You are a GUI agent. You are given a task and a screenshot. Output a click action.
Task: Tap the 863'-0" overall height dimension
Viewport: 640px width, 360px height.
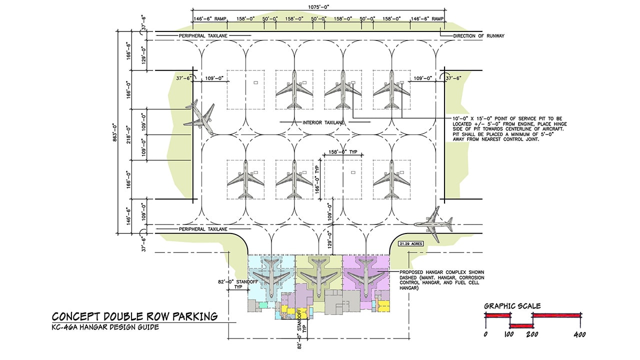pyautogui.click(x=114, y=132)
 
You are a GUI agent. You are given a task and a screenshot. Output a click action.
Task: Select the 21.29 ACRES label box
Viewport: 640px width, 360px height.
pyautogui.click(x=411, y=243)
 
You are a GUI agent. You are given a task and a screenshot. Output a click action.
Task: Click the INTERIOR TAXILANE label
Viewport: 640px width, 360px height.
pyautogui.click(x=323, y=122)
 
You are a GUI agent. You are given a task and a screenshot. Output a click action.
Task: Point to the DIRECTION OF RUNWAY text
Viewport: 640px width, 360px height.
pyautogui.click(x=479, y=36)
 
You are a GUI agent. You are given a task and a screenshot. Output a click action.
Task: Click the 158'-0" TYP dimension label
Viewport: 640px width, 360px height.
pyautogui.click(x=342, y=151)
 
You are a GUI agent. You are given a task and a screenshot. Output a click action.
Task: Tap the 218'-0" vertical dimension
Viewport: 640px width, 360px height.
pyautogui.click(x=128, y=134)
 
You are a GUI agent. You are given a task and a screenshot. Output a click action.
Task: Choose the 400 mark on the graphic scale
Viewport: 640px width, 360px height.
pyautogui.click(x=579, y=334)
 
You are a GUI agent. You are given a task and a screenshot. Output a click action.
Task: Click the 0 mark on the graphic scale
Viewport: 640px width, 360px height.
pyautogui.click(x=485, y=334)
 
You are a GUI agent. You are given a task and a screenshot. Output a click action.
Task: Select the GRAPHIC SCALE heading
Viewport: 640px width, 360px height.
pyautogui.click(x=512, y=306)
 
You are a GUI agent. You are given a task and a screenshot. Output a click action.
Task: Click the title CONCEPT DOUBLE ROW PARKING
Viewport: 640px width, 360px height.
pyautogui.click(x=134, y=316)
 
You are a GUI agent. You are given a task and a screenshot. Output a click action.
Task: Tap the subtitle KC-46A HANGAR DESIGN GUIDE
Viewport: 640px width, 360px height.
pyautogui.click(x=105, y=327)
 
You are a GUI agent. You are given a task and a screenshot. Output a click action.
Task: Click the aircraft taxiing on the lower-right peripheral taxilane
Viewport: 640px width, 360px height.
pyautogui.click(x=433, y=224)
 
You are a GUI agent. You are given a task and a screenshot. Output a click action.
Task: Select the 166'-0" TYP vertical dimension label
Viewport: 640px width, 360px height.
pyautogui.click(x=317, y=179)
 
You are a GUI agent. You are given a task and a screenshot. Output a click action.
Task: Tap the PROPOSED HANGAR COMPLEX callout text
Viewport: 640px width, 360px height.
pyautogui.click(x=441, y=280)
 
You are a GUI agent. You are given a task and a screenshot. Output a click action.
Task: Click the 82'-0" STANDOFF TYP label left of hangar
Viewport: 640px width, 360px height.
pyautogui.click(x=237, y=284)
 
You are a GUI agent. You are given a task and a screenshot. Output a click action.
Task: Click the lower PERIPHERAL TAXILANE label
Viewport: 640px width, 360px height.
pyautogui.click(x=203, y=229)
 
